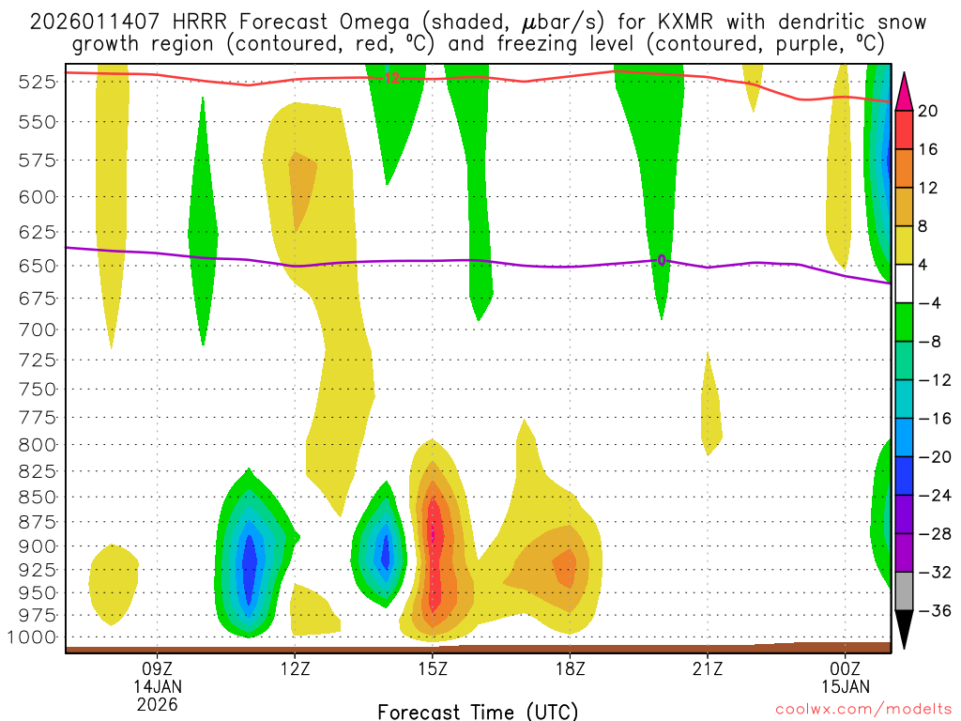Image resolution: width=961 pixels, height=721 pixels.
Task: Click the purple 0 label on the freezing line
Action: pos(662,260)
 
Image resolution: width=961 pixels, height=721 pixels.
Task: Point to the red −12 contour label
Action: pos(390,79)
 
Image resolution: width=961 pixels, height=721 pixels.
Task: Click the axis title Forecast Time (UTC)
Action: pos(478,711)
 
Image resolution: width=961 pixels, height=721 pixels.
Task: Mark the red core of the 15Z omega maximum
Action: pos(434,545)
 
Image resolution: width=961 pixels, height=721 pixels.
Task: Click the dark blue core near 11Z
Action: pos(249,568)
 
